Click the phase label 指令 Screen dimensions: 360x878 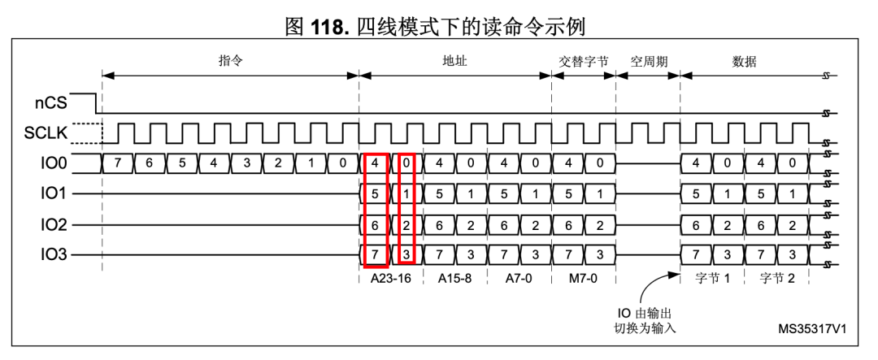[231, 62]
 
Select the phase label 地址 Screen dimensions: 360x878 [454, 62]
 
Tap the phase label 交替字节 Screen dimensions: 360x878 [583, 62]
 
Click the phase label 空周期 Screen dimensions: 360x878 [648, 62]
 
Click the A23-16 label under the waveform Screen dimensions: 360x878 [389, 277]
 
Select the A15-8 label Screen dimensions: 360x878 [453, 277]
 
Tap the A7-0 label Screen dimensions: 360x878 [517, 277]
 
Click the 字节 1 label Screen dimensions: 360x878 [713, 277]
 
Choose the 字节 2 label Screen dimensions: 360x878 [777, 277]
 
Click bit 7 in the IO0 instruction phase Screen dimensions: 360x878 [117, 163]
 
